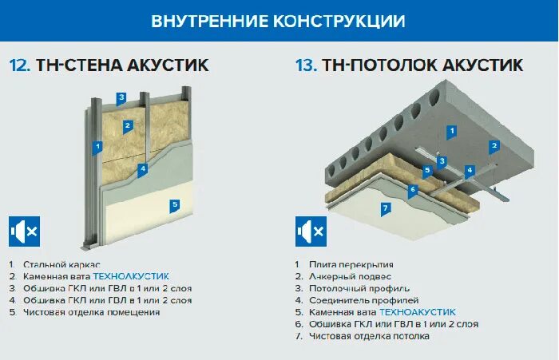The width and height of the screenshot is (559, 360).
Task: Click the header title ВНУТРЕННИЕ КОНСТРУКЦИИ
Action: click(x=278, y=21)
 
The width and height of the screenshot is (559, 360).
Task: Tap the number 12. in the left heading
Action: click(x=20, y=65)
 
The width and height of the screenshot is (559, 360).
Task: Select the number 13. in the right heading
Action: click(x=306, y=65)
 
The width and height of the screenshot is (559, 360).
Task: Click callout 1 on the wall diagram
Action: click(x=97, y=147)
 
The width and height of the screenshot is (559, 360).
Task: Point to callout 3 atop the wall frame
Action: click(x=121, y=99)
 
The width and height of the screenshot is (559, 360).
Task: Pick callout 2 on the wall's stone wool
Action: click(x=127, y=125)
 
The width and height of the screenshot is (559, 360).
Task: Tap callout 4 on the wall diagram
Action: click(x=142, y=168)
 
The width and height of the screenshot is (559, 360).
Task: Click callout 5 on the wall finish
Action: click(x=175, y=204)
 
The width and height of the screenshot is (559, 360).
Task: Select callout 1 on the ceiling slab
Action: click(x=451, y=131)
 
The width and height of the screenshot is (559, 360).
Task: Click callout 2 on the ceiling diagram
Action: click(x=494, y=145)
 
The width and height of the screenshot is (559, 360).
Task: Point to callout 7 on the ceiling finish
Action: click(x=385, y=208)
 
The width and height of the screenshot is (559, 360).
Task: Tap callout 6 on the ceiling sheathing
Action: click(x=412, y=190)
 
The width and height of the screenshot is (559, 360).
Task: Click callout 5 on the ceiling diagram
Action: click(x=428, y=170)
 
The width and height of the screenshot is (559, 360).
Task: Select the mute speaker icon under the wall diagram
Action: click(x=24, y=231)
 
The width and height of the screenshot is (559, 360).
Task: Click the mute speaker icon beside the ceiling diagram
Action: click(x=311, y=231)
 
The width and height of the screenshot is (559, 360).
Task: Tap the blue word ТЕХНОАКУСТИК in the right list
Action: click(x=417, y=312)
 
